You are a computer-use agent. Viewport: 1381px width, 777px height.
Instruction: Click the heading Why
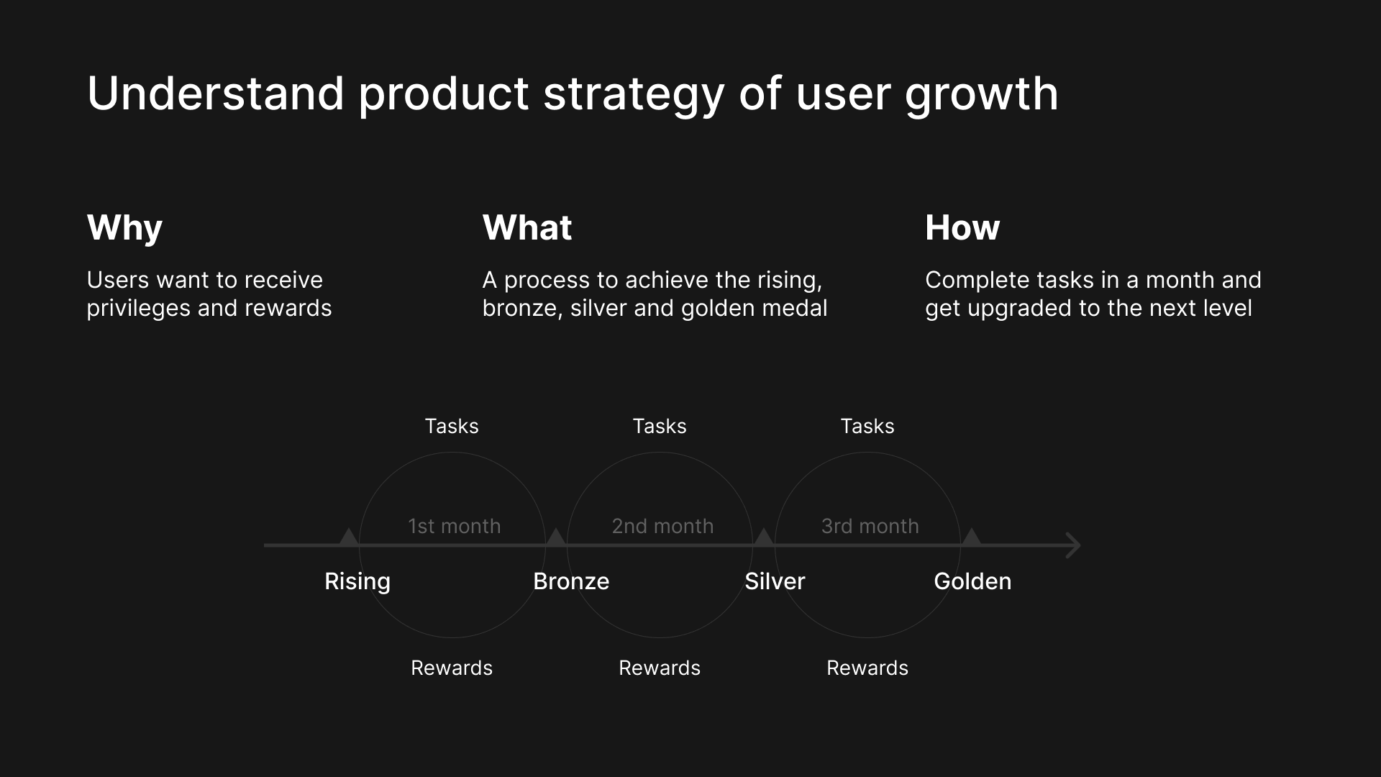coord(124,229)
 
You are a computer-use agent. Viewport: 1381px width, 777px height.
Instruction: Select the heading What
coord(527,227)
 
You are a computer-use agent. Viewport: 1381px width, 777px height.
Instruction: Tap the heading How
coord(962,227)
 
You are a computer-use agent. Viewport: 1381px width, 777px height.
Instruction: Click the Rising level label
coord(357,581)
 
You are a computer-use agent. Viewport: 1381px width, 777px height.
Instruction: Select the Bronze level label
coord(571,581)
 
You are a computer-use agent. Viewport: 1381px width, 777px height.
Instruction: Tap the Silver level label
coord(775,581)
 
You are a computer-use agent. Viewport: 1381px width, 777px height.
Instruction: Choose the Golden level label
coord(972,581)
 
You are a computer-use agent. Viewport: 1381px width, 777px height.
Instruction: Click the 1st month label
coord(455,526)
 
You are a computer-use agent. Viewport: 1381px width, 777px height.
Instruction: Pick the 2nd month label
coord(662,526)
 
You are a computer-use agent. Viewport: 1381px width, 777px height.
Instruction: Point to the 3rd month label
coord(870,526)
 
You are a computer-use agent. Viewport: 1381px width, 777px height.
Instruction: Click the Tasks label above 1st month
coord(452,426)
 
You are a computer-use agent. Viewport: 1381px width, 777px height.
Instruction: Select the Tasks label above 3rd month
coord(867,426)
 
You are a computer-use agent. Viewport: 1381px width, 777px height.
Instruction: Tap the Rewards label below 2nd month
coord(660,668)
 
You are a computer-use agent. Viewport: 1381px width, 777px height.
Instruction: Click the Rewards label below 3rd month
coord(867,668)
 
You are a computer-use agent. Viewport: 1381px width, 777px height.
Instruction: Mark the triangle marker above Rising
coord(348,537)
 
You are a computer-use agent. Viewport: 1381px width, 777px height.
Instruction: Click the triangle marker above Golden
coord(971,537)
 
